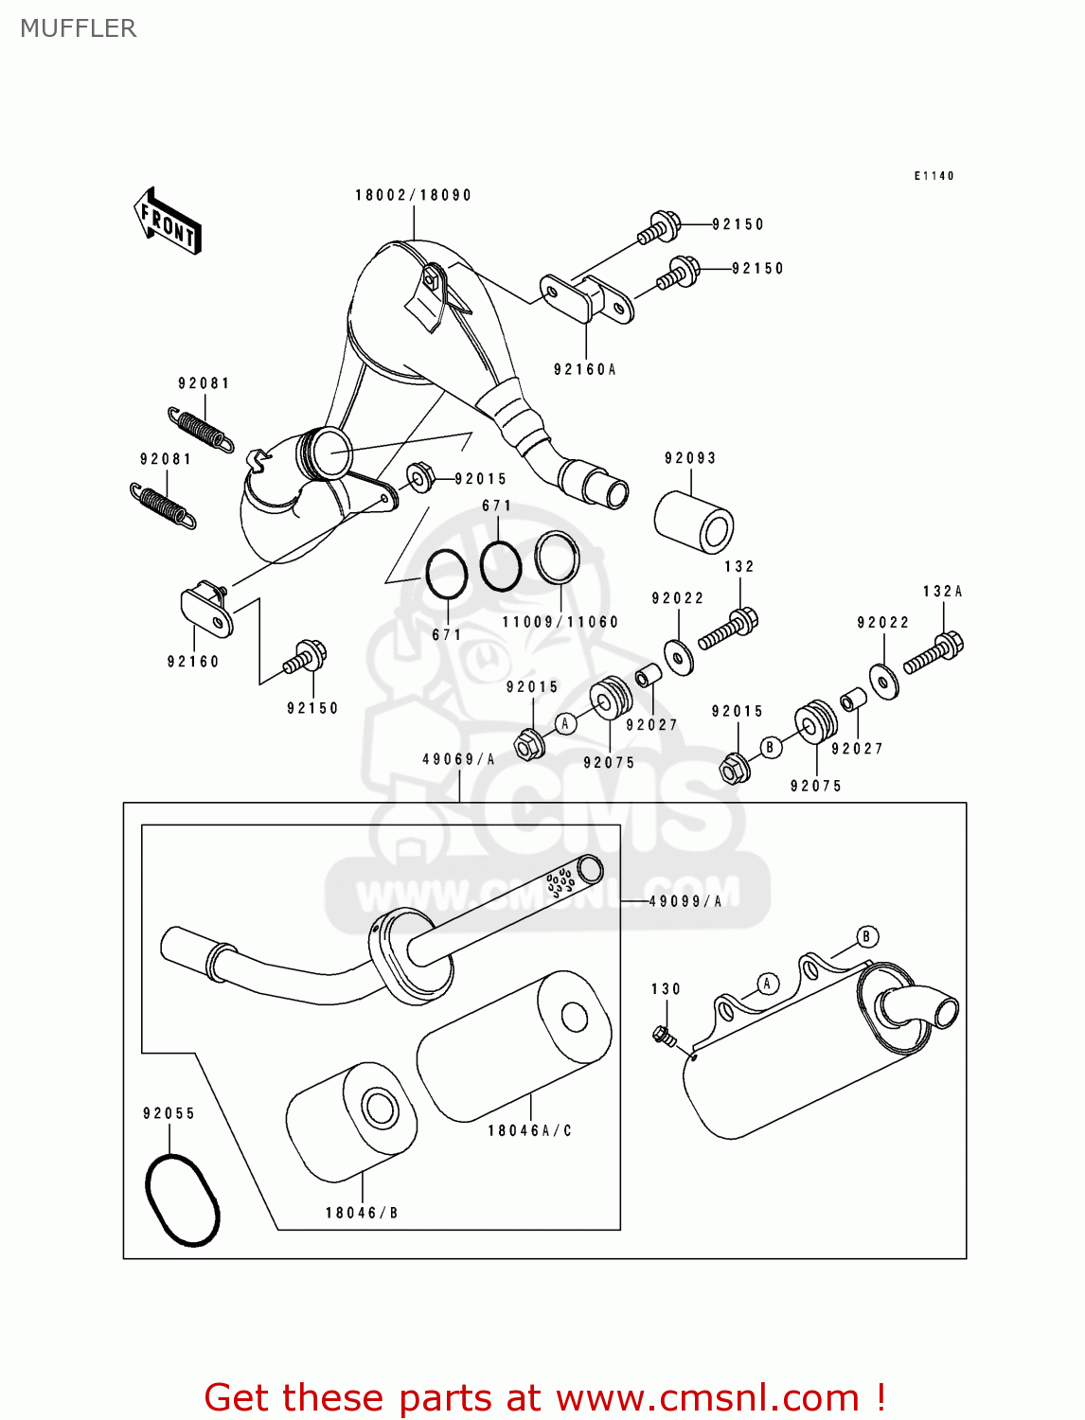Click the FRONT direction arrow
pyautogui.click(x=168, y=222)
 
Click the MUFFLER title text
pyautogui.click(x=79, y=28)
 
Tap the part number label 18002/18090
pyautogui.click(x=413, y=195)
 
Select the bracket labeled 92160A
pyautogui.click(x=587, y=298)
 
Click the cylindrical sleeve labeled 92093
pyautogui.click(x=693, y=522)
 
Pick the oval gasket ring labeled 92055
pyautogui.click(x=183, y=1199)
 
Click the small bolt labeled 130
pyautogui.click(x=664, y=1036)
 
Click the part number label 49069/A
pyautogui.click(x=458, y=759)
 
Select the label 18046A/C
pyautogui.click(x=530, y=1130)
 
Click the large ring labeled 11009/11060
pyautogui.click(x=557, y=558)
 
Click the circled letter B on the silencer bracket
pyautogui.click(x=866, y=937)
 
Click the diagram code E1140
pyautogui.click(x=934, y=176)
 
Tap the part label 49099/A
pyautogui.click(x=685, y=901)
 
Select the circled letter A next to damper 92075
pyautogui.click(x=565, y=724)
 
